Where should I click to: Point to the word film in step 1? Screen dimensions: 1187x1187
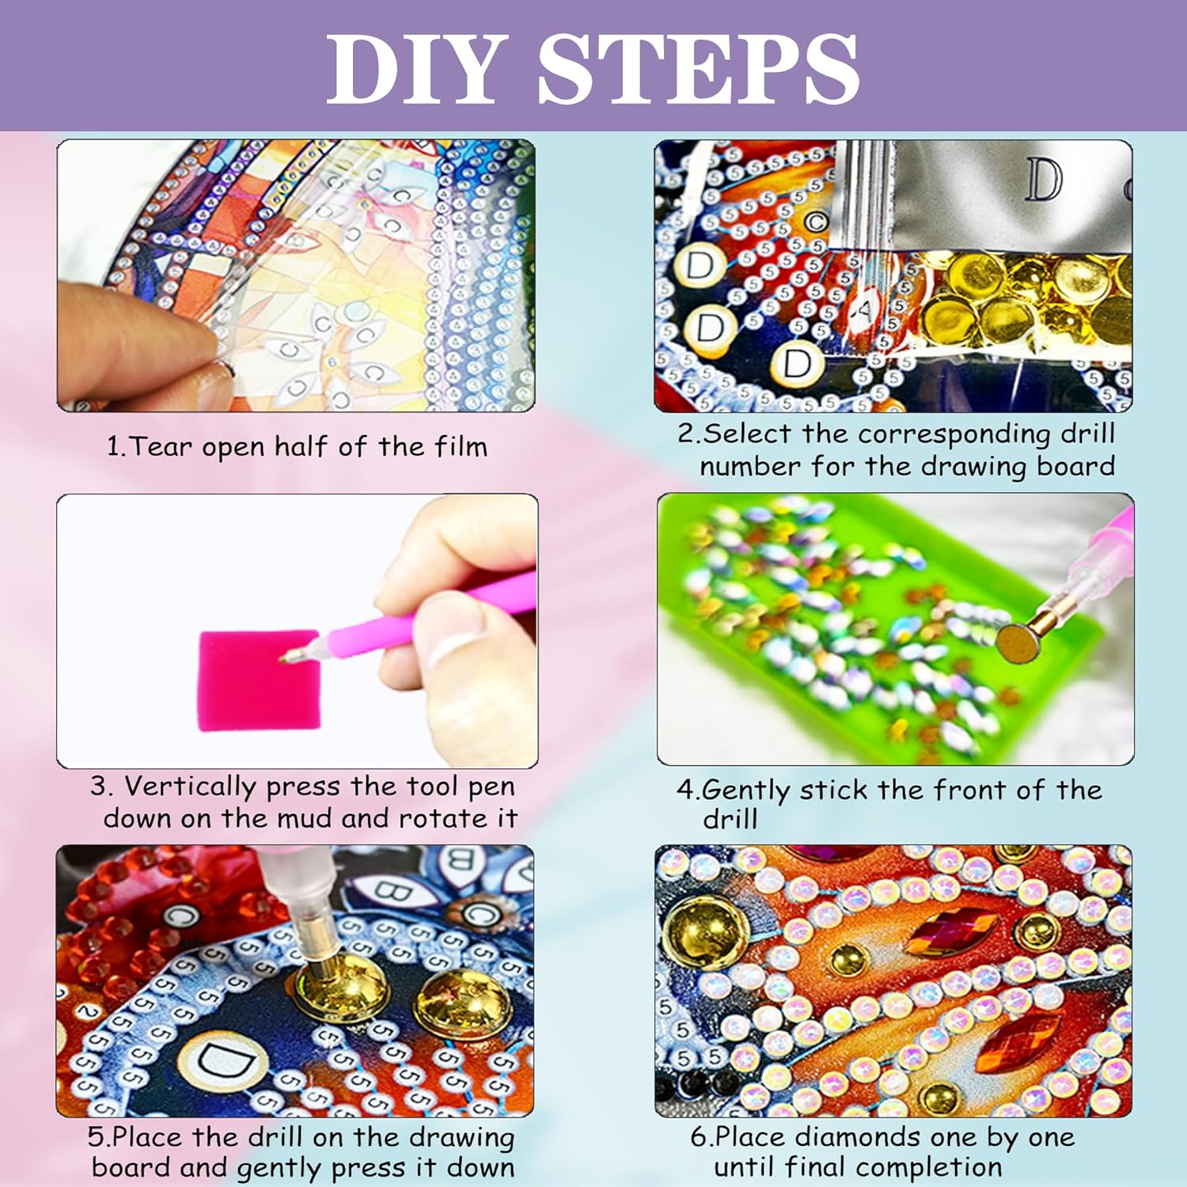[461, 446]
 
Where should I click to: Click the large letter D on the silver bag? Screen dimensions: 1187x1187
[1044, 180]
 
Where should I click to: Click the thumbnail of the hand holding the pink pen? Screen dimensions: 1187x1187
[298, 631]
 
